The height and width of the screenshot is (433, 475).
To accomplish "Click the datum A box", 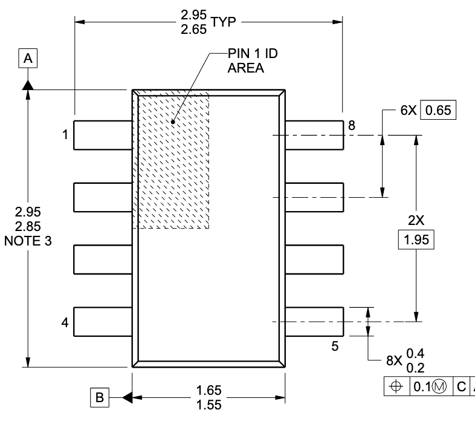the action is click(x=28, y=58).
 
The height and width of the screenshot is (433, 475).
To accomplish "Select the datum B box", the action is click(x=100, y=397).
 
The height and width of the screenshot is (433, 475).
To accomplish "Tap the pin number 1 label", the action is click(x=65, y=135).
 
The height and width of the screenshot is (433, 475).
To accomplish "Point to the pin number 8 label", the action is click(x=351, y=125).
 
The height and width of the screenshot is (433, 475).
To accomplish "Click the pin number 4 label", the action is click(x=65, y=322).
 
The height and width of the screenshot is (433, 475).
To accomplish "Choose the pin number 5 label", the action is click(x=335, y=346).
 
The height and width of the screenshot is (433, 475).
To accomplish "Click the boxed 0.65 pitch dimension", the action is click(x=438, y=110).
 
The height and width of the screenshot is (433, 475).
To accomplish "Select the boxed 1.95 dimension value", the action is click(x=416, y=239).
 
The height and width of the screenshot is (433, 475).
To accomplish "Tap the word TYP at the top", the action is click(x=223, y=22).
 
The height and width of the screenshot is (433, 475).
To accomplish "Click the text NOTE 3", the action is click(x=28, y=241).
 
